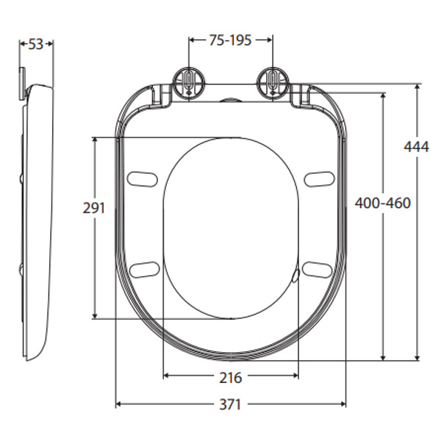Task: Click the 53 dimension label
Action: [x=35, y=44]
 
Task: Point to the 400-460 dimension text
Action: [x=382, y=203]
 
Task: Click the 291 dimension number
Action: [x=94, y=208]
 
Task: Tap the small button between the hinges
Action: [x=230, y=97]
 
